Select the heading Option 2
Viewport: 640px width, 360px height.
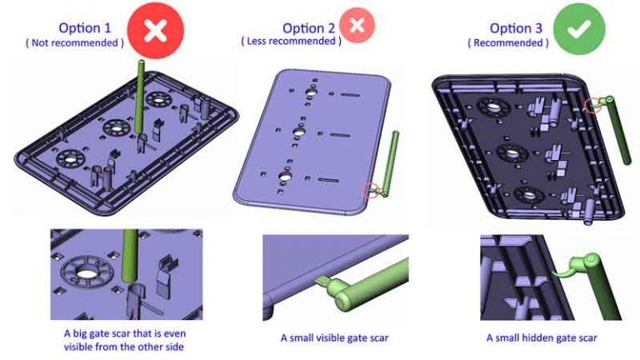click(x=310, y=27)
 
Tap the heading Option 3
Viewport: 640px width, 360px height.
click(x=516, y=27)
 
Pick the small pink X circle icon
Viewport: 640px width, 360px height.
click(x=357, y=26)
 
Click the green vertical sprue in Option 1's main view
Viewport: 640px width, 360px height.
click(x=139, y=92)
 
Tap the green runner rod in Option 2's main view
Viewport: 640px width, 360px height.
click(x=391, y=163)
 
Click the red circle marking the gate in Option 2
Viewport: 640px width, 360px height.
click(x=370, y=190)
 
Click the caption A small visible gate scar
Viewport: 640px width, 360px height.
click(x=333, y=338)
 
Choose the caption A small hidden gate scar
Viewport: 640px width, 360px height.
click(x=542, y=338)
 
